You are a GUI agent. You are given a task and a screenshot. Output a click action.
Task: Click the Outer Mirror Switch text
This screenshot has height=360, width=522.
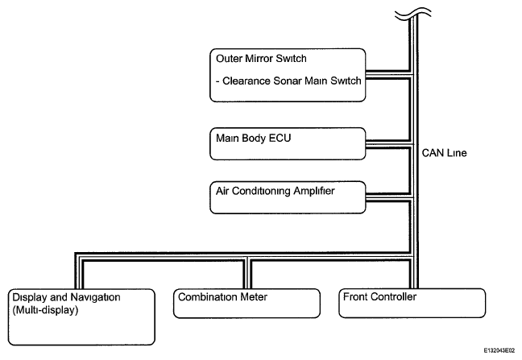coord(261,59)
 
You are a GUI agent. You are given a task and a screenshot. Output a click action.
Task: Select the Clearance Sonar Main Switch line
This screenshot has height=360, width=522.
coord(288,81)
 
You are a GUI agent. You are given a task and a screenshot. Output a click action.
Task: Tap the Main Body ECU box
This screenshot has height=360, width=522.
coord(288,143)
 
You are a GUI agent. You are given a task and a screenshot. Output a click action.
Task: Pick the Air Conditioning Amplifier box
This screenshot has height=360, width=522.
coord(288,197)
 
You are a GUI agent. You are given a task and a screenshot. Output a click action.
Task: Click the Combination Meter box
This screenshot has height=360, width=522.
coord(246,303)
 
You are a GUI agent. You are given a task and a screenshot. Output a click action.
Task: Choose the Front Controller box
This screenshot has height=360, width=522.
coord(412,303)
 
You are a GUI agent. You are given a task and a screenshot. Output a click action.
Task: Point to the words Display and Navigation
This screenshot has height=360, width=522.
coord(66,297)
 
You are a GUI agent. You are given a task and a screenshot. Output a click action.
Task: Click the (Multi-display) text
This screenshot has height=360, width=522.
coord(45,310)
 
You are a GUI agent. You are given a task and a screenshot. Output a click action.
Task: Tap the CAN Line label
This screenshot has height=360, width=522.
coord(444,153)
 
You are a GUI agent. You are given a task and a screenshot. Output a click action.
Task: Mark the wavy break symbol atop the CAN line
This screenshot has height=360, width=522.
coord(412,14)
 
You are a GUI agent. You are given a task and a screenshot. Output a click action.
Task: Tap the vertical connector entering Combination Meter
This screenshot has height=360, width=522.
coord(248,273)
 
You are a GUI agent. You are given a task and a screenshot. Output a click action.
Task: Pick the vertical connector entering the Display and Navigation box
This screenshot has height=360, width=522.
coord(79,271)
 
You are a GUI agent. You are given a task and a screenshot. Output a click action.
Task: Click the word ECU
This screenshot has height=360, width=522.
coord(280,138)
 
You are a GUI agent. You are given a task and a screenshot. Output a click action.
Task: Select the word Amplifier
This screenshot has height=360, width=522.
coord(313,191)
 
